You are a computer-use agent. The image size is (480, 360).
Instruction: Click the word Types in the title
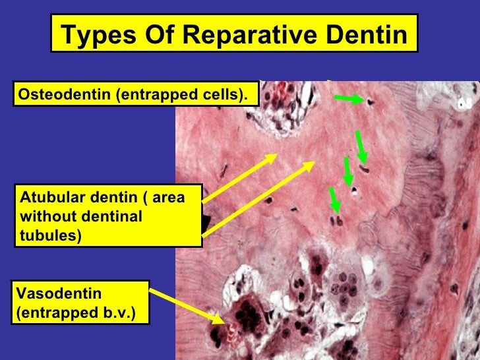(x=94, y=35)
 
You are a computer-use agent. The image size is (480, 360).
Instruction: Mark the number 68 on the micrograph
(x=465, y=104)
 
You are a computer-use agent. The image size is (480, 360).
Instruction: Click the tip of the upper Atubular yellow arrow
(x=277, y=156)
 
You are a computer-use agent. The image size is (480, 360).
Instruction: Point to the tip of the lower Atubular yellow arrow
(x=315, y=162)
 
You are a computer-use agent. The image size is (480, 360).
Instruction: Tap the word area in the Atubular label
(x=170, y=197)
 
